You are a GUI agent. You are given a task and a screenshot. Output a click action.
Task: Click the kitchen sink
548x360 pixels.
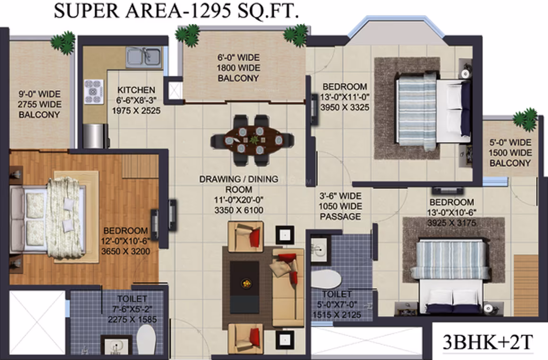144,57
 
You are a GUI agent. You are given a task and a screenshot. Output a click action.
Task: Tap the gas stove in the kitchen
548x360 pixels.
94,92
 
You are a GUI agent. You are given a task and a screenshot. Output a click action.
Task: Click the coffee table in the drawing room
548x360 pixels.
245,283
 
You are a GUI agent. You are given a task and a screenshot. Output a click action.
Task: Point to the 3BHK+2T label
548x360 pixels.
488,342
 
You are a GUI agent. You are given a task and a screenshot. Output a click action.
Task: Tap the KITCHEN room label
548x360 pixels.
137,90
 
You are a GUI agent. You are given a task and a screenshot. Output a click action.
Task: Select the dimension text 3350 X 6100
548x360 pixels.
239,210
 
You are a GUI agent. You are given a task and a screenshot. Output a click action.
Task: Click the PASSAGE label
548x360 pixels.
340,217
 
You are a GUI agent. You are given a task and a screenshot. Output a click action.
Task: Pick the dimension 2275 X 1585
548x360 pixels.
132,319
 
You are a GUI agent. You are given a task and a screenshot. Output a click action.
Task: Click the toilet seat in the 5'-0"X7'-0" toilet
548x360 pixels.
325,280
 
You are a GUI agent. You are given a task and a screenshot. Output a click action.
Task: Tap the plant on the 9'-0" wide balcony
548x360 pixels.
63,43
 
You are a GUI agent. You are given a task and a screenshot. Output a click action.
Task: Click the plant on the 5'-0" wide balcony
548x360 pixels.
526,119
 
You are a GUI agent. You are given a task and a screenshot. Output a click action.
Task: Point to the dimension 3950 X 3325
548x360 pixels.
344,108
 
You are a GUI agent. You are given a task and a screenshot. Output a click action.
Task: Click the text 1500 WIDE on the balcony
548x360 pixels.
510,153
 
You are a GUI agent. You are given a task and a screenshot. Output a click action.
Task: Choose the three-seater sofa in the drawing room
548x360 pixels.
288,287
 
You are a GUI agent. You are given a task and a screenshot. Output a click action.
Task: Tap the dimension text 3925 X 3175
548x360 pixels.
452,223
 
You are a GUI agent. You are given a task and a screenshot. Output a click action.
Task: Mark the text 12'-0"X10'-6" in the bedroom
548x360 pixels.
126,241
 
